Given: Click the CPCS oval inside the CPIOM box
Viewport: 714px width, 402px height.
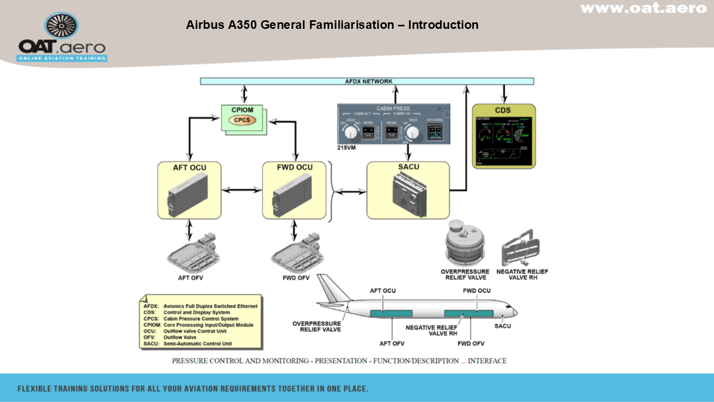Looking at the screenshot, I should (242, 120).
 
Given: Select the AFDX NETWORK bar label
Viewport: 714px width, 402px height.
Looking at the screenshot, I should (368, 81).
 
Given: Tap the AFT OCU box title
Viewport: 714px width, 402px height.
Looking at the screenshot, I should (190, 168).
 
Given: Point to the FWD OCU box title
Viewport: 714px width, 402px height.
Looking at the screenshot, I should (294, 168).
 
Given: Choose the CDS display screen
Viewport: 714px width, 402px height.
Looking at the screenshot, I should (503, 142).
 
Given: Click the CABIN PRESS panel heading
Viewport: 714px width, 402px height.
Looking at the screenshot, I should (393, 108).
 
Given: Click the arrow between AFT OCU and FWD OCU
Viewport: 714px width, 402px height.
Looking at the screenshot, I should (242, 190).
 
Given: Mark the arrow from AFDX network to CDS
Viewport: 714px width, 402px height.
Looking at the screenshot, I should (503, 94).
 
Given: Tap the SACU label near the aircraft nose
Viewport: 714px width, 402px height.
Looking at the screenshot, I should (502, 326).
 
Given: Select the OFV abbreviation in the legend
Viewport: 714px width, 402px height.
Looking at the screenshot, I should (149, 337).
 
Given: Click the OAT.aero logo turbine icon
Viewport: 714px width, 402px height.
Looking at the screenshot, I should (61, 26).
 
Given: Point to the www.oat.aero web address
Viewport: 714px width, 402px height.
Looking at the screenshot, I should (643, 8).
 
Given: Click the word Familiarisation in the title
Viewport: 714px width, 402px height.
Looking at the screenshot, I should (352, 24).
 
